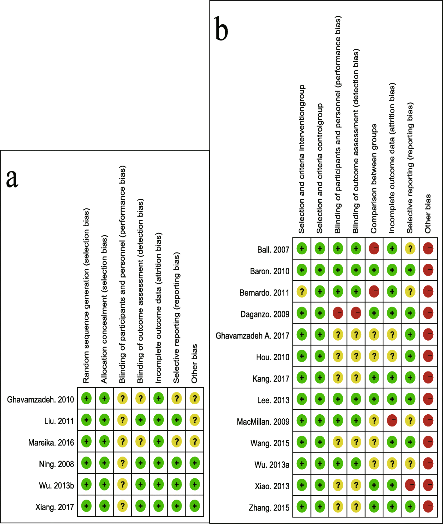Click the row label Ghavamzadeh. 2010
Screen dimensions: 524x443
tap(40, 400)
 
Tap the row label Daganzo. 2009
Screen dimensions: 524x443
tap(265, 314)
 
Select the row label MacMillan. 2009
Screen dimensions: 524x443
tap(263, 422)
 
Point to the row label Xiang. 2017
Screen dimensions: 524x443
tap(54, 507)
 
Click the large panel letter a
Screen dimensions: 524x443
tap(12, 178)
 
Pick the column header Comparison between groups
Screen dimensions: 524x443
tap(374, 178)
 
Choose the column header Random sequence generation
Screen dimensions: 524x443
tap(86, 296)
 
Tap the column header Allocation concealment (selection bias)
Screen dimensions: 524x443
tap(104, 309)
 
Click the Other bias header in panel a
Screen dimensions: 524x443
tap(194, 363)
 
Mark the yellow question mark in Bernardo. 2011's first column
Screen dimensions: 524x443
tap(302, 292)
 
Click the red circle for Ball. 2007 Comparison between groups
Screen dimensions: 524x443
tap(374, 249)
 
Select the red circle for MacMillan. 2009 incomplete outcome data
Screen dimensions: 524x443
tap(392, 421)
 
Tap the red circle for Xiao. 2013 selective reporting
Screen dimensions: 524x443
tap(410, 485)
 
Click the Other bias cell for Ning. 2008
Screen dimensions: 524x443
tap(195, 463)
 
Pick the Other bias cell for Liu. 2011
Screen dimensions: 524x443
tap(195, 420)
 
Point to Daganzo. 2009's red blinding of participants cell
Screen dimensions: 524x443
tap(338, 313)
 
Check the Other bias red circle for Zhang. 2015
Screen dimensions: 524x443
tap(428, 507)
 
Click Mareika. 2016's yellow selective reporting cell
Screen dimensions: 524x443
tap(177, 442)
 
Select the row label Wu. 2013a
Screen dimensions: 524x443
tap(271, 465)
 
